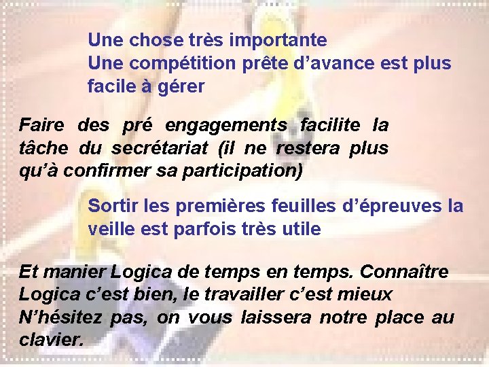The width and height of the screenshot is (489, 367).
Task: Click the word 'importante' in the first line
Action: [278, 40]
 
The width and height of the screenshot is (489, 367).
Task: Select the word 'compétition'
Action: [183, 63]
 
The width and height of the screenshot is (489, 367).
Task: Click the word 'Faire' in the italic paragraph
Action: [41, 125]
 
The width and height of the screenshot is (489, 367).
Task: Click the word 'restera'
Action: [308, 147]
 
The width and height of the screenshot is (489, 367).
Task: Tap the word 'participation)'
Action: [244, 170]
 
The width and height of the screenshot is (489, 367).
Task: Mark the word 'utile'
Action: [300, 229]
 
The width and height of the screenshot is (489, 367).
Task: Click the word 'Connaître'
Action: [404, 272]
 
